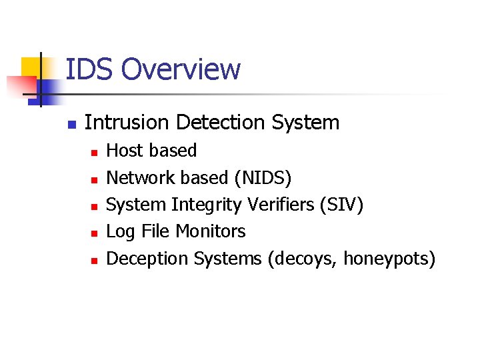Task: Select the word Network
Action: tap(142, 178)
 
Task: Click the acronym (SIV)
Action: tap(342, 205)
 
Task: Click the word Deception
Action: tap(147, 258)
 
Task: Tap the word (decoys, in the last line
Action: tap(302, 259)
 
